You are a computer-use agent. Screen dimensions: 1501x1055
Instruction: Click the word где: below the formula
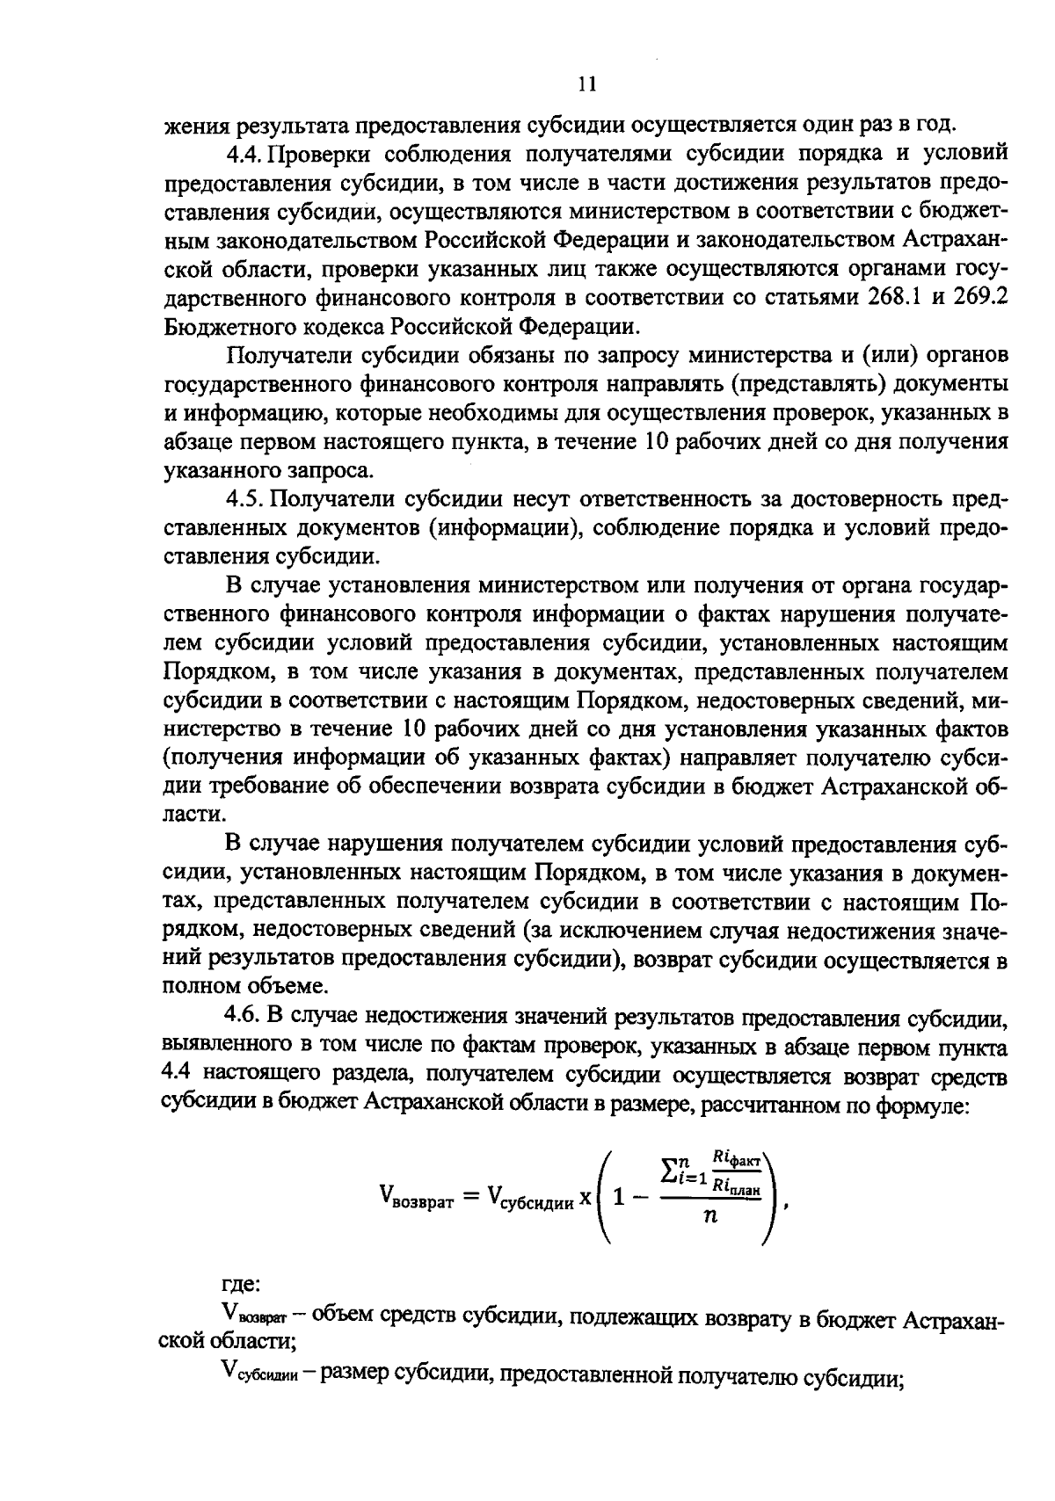pos(242,1285)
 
